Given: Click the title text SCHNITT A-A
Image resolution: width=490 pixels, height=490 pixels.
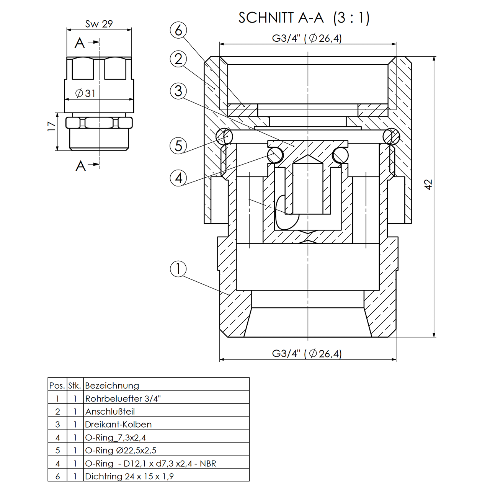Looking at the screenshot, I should click(x=281, y=18).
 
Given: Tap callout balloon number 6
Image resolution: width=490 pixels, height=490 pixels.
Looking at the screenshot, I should click(x=178, y=30).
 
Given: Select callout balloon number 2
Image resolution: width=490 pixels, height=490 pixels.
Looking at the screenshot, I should click(x=178, y=59).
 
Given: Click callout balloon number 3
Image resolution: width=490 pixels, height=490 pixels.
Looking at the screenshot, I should click(x=178, y=91).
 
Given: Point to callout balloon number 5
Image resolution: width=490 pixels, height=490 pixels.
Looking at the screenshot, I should click(x=178, y=146).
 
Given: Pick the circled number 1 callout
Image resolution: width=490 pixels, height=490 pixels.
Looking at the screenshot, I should click(x=178, y=269).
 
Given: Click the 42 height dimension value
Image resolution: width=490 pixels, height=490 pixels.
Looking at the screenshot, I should click(x=428, y=184).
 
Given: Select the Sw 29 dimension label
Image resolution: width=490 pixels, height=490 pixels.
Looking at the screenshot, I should click(x=99, y=24).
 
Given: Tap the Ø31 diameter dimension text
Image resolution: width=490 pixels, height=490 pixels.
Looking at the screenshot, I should click(x=85, y=93).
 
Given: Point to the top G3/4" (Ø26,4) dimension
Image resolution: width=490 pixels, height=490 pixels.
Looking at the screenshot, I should click(x=307, y=38).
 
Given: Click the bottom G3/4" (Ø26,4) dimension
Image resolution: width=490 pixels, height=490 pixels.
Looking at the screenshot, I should click(x=307, y=353).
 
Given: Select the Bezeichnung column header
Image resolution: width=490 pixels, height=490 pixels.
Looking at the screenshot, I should click(x=112, y=385).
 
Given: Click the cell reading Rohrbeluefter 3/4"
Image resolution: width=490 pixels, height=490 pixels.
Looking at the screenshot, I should click(x=123, y=399).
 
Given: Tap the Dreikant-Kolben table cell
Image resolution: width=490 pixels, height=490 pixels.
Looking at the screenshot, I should click(x=118, y=424).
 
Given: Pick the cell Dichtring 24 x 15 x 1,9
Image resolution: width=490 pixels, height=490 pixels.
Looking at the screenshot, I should click(x=129, y=476).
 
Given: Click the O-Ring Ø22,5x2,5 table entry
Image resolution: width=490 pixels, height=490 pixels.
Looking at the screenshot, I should click(x=121, y=450).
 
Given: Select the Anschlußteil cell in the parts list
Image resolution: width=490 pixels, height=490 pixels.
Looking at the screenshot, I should click(x=110, y=412).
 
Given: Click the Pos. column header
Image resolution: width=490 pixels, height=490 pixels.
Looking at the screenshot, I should click(x=57, y=385).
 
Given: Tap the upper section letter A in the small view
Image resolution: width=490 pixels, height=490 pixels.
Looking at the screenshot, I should click(x=80, y=43).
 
